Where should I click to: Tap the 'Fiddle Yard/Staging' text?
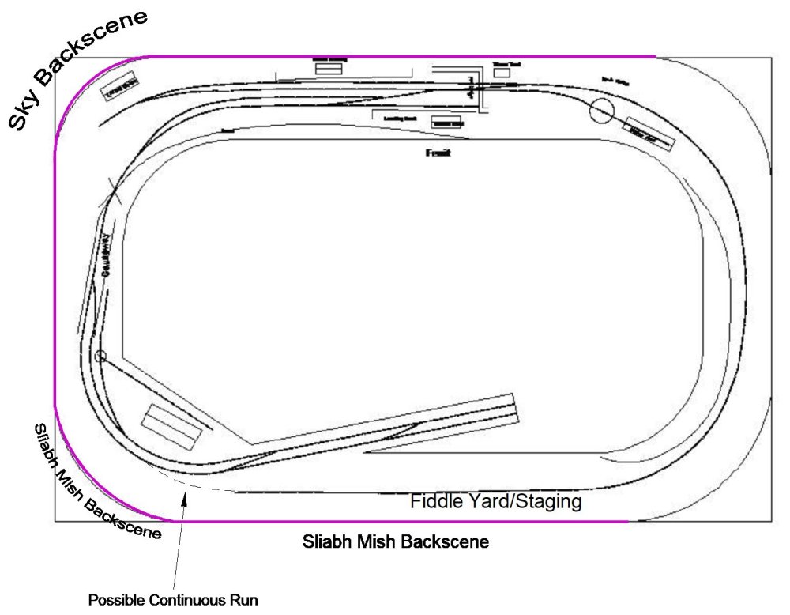click(x=496, y=501)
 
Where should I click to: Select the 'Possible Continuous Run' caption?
click(x=173, y=599)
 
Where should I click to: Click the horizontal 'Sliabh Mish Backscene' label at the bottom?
click(x=396, y=542)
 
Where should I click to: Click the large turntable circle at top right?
click(x=602, y=111)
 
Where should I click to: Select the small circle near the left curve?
click(x=100, y=357)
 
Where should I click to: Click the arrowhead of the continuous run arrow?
click(x=186, y=494)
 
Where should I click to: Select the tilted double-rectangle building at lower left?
click(x=171, y=428)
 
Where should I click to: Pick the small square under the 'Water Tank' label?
click(x=502, y=73)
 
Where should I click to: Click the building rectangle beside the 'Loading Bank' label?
click(x=447, y=123)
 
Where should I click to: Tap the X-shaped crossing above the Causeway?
click(x=110, y=194)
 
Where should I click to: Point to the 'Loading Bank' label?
click(x=399, y=119)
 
